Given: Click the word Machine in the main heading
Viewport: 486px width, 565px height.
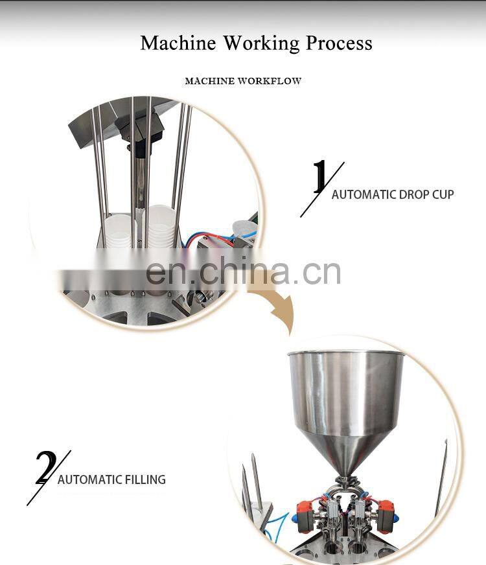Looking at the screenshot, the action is (x=178, y=43).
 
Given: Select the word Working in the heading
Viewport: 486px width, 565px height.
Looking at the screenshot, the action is (x=262, y=43).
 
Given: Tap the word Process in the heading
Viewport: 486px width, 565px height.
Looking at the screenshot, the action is (x=339, y=43).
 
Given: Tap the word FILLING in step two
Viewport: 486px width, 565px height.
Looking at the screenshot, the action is (x=145, y=479).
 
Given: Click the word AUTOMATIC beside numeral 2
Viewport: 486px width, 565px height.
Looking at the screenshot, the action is (x=90, y=479).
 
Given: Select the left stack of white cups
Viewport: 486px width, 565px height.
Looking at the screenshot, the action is (x=118, y=231).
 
